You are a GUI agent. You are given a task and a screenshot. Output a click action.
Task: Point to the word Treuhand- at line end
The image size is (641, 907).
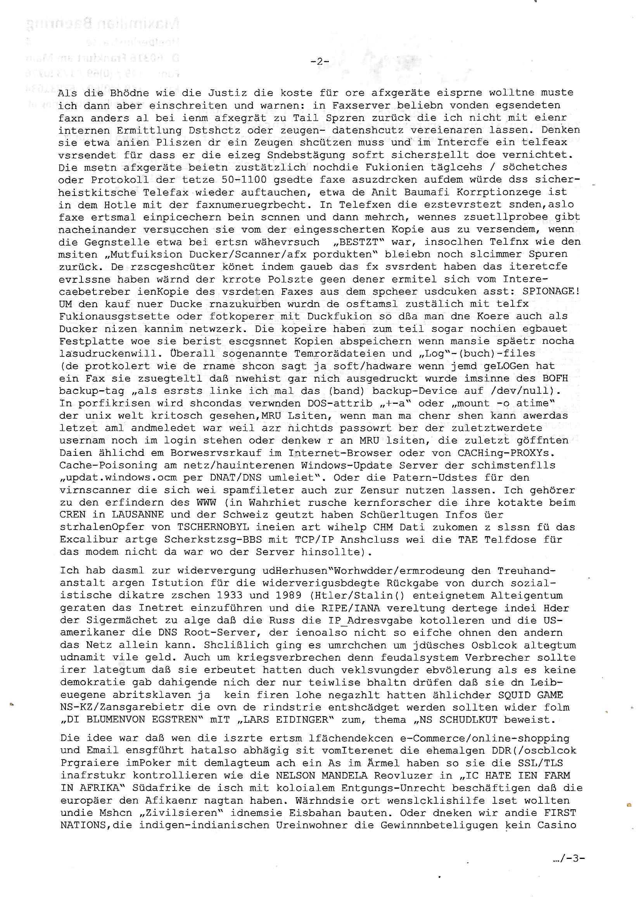click(x=527, y=571)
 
